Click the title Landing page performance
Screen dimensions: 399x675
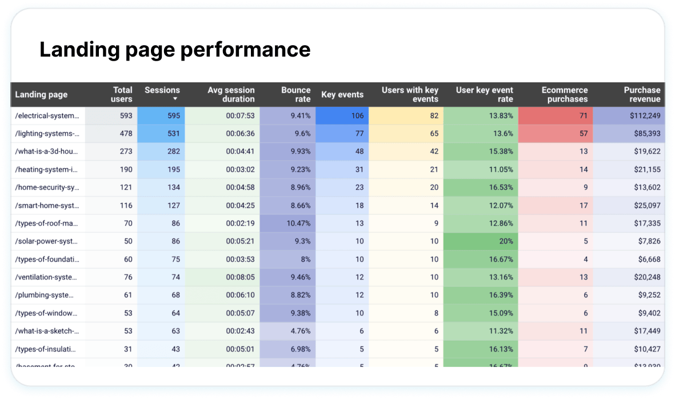point(175,50)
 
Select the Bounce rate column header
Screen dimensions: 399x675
point(295,94)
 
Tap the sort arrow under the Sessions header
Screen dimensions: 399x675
point(175,99)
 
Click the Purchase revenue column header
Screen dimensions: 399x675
point(642,94)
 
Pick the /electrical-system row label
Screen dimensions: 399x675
point(47,116)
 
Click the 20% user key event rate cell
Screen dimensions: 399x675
point(505,241)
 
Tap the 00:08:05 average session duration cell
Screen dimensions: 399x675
point(240,277)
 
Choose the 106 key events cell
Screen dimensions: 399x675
point(357,116)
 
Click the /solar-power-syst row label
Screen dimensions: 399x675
point(47,241)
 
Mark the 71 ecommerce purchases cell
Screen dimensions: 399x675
point(583,116)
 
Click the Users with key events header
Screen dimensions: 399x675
point(410,94)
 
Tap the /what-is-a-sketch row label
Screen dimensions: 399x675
point(47,331)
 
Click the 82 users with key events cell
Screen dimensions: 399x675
point(434,116)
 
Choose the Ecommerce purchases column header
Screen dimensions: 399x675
point(564,94)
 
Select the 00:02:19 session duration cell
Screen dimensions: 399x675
point(240,224)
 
